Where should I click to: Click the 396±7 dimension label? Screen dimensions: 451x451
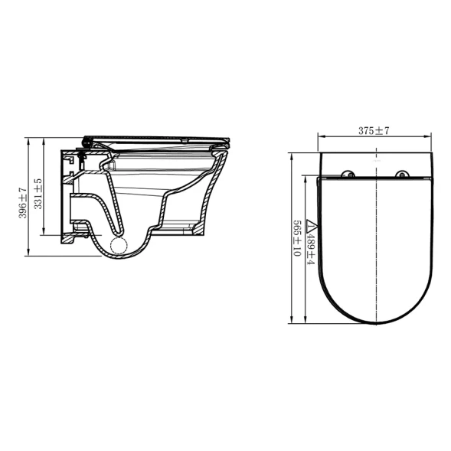(23, 203)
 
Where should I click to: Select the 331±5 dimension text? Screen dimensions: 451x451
(38, 194)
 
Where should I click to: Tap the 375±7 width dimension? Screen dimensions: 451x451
(374, 131)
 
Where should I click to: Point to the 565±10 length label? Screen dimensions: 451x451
(296, 238)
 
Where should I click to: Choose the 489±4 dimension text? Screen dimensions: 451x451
(311, 249)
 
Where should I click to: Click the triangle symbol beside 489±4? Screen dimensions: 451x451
(312, 227)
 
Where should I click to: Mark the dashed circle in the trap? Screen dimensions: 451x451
(119, 246)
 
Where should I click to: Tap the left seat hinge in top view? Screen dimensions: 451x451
(348, 174)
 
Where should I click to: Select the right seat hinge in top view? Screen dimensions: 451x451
(402, 174)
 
